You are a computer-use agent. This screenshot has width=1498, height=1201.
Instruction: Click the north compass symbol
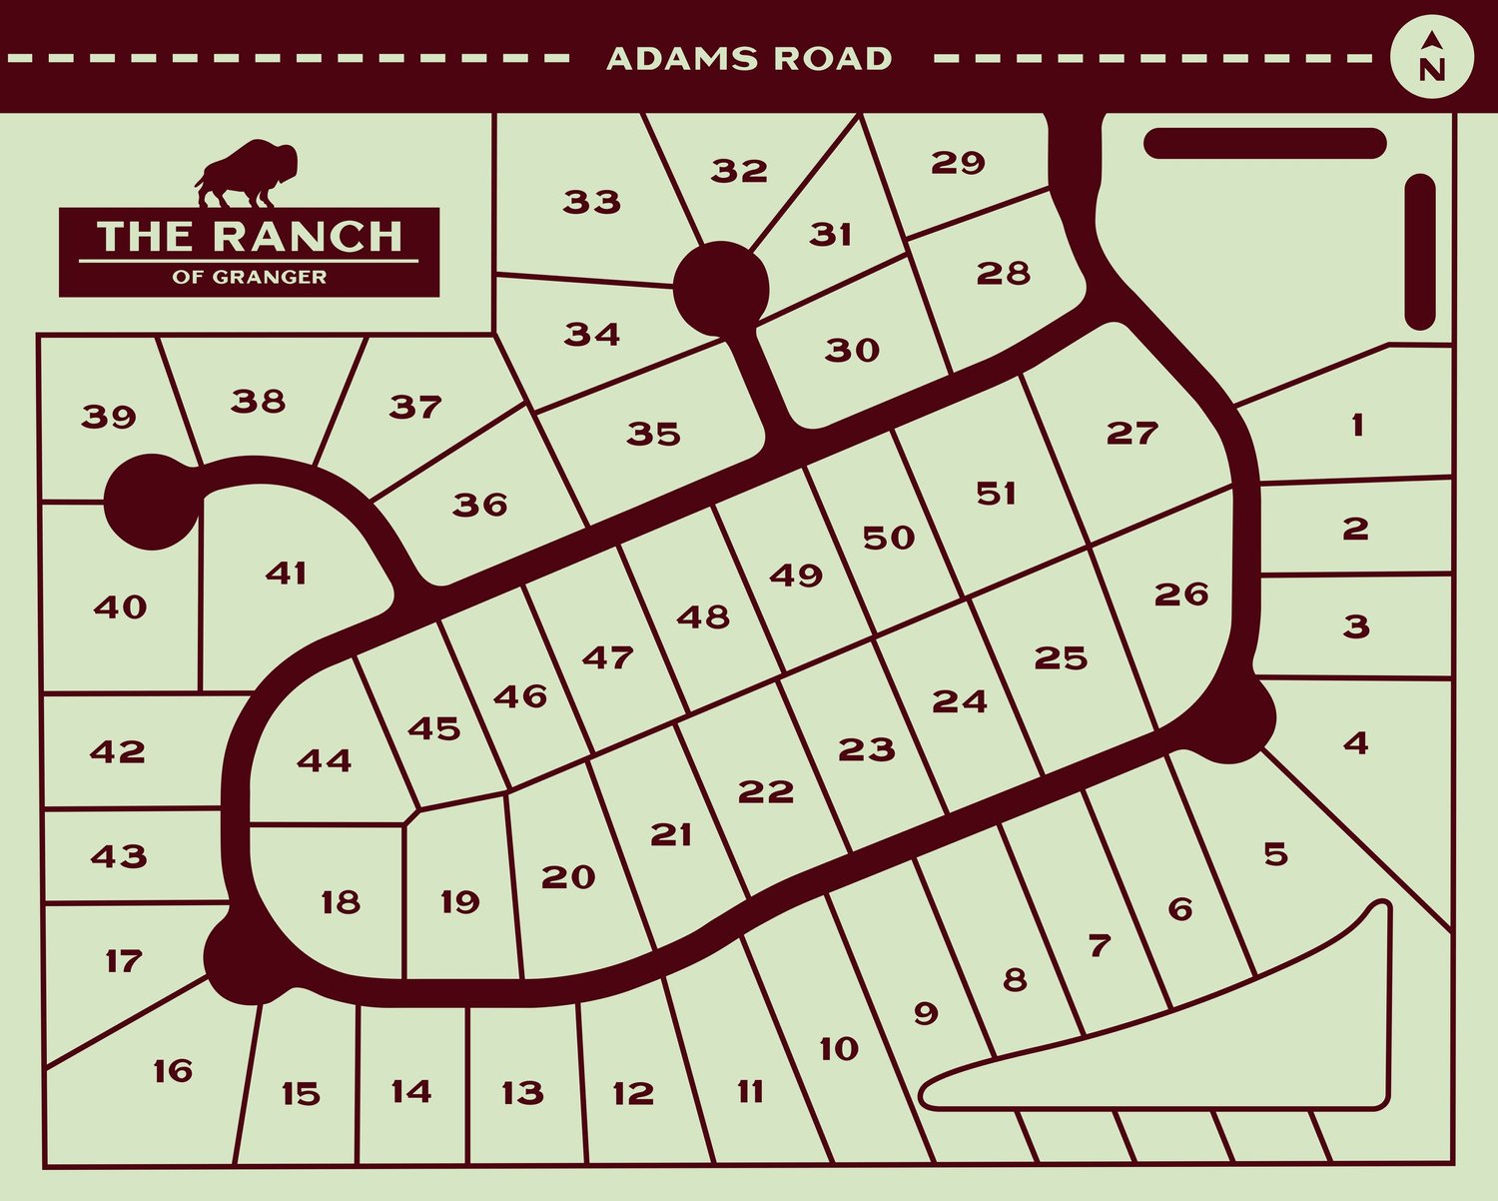click(x=1432, y=56)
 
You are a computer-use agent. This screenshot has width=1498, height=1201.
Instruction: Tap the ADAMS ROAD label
click(x=749, y=59)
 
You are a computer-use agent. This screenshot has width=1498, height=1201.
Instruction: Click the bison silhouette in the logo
click(x=249, y=174)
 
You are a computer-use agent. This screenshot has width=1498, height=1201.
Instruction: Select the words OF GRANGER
click(x=250, y=277)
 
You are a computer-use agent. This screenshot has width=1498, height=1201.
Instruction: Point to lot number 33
click(x=591, y=202)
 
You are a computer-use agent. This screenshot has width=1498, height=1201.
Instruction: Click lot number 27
click(x=1131, y=433)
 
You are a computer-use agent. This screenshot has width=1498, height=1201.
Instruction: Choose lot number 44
click(x=325, y=760)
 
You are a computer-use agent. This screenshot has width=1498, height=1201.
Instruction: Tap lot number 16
click(x=173, y=1071)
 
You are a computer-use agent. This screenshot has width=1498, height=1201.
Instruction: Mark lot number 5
click(x=1275, y=854)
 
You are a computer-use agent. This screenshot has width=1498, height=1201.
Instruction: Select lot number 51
click(x=996, y=494)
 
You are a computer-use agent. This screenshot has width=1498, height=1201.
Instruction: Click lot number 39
click(x=109, y=416)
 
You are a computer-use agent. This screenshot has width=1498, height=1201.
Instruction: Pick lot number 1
click(x=1356, y=426)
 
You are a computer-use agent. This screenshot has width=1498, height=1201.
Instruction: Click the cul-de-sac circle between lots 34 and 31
click(x=721, y=290)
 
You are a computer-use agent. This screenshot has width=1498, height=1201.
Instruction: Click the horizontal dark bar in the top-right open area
click(x=1264, y=143)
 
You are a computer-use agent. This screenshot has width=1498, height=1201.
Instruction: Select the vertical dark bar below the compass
click(x=1419, y=252)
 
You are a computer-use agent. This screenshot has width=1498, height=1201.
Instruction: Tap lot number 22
click(x=766, y=791)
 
